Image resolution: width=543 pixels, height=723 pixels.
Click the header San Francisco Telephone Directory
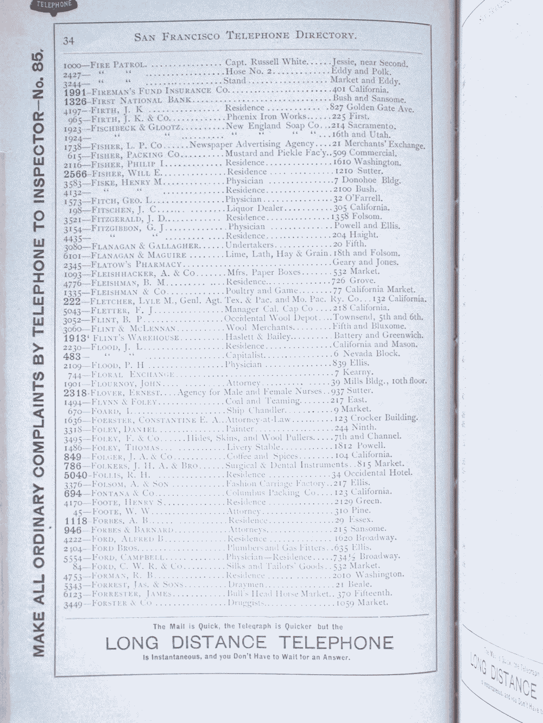pyautogui.click(x=245, y=36)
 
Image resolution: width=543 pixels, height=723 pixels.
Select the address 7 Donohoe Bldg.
pyautogui.click(x=367, y=181)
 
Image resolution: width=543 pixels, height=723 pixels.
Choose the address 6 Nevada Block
pyautogui.click(x=367, y=354)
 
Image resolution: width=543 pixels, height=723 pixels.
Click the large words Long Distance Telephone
pyautogui.click(x=249, y=643)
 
